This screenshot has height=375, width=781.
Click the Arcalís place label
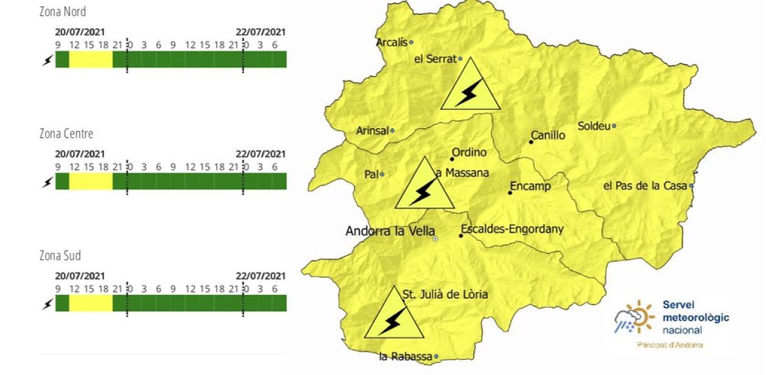pos(392,43)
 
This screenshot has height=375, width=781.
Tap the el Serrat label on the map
pos(436,60)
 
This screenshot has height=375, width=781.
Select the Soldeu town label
pos(594,127)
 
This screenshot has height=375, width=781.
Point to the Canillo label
pos(548,135)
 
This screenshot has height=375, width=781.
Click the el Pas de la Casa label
pos(646,186)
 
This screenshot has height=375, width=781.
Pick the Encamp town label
pos(530,187)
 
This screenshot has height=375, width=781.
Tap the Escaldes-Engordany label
pos(513,230)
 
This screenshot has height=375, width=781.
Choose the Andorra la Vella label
pos(390,232)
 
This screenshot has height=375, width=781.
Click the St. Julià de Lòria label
pos(445,295)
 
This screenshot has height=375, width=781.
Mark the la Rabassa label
pos(405,357)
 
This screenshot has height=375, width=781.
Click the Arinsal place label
pos(373,130)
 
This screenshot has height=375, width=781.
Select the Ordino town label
pos(469,153)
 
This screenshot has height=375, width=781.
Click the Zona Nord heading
pos(62,12)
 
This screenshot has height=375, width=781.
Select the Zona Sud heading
pos(60,255)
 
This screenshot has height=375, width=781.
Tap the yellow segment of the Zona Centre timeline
pos(91,181)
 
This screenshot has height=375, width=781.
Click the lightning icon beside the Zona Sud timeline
pos(47,304)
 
